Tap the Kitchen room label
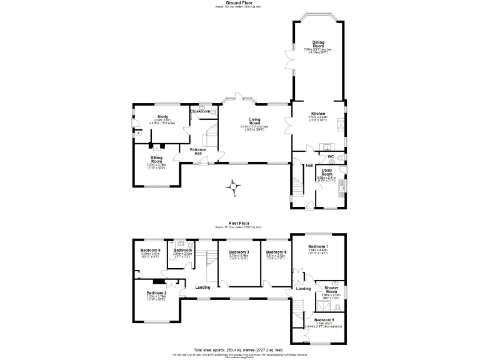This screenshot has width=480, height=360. (x=318, y=114)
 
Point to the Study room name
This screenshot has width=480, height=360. (x=163, y=116)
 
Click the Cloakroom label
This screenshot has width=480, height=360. (x=199, y=111)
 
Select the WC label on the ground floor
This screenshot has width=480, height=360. (x=331, y=156)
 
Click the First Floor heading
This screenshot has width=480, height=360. (x=240, y=223)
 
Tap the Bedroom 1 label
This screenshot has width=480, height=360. (x=317, y=246)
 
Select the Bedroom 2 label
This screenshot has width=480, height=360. (x=156, y=292)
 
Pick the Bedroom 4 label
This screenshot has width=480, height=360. (x=276, y=251)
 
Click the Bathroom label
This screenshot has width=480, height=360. (x=182, y=250)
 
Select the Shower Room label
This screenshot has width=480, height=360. (x=331, y=290)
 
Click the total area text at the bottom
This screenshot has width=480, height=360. (x=239, y=349)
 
